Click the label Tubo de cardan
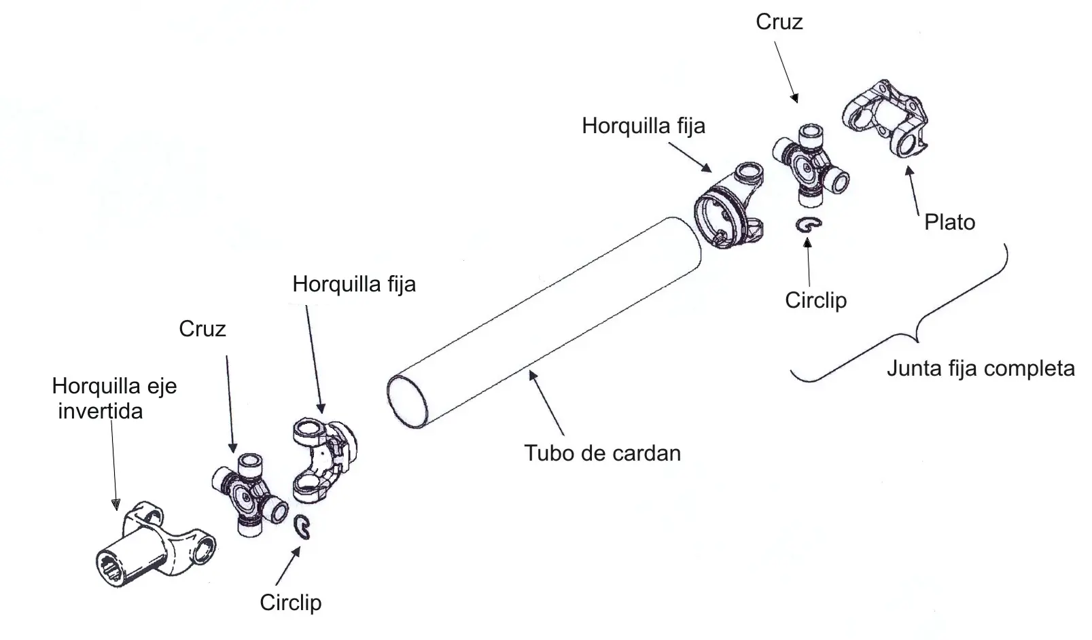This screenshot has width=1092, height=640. [x=602, y=453]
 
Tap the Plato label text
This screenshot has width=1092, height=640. [x=950, y=222]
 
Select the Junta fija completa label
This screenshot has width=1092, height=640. [x=981, y=368]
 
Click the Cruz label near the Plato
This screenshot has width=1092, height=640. [x=779, y=22]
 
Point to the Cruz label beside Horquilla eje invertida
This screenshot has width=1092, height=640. [x=202, y=329]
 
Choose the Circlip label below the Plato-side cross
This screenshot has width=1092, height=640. [x=815, y=300]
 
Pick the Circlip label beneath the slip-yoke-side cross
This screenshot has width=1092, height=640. [x=291, y=603]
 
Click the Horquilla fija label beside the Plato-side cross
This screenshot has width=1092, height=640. [x=644, y=126]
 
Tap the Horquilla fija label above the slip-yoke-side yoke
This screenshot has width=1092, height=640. [x=354, y=284]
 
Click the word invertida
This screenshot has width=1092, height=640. [x=101, y=411]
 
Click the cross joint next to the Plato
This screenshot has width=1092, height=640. [x=810, y=166]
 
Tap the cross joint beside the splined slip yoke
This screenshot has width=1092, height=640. [x=249, y=495]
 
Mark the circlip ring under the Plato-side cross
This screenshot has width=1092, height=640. [x=808, y=224]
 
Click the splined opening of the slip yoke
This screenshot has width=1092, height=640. [x=111, y=569]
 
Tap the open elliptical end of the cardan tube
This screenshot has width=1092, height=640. [x=407, y=402]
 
